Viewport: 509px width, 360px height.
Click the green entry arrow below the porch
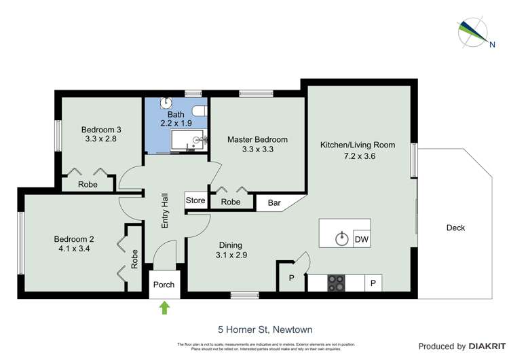point(164,308)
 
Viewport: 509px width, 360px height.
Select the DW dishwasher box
point(362,239)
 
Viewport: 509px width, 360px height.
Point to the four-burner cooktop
point(336,283)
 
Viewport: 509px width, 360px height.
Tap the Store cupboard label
point(195,200)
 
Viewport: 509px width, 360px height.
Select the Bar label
point(274,202)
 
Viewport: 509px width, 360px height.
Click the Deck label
point(455,228)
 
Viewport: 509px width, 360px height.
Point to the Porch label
point(164,285)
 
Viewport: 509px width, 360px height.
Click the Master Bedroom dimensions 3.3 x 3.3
point(257,150)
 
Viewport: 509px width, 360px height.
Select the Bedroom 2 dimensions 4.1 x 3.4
point(74,249)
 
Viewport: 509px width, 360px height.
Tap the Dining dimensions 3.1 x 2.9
point(230,256)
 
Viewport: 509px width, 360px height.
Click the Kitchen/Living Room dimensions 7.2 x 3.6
point(358,156)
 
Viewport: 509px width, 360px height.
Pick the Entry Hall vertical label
point(164,210)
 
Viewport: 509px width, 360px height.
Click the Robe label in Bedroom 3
point(88,184)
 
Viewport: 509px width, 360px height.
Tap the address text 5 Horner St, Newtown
point(265,330)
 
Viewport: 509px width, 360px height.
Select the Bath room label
point(176,115)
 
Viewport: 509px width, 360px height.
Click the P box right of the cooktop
point(373,283)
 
